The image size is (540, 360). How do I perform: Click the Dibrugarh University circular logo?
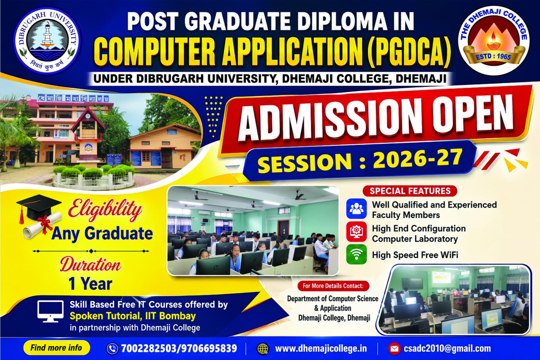(48, 41)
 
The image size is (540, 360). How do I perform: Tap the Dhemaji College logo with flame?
(494, 41)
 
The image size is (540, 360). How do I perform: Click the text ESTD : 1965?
(493, 57)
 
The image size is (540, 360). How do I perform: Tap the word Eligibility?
(105, 209)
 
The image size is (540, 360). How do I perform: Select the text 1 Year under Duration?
(91, 284)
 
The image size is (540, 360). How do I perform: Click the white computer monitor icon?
(50, 311)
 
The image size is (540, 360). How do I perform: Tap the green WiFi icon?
(356, 255)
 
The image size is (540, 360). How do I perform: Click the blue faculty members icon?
(356, 209)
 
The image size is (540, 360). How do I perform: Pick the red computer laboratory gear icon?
(356, 232)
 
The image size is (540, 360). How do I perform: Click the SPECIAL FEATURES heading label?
(410, 191)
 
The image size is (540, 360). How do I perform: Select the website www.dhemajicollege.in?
(321, 349)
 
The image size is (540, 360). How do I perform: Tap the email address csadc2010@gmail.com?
(447, 349)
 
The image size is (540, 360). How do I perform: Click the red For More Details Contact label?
(333, 286)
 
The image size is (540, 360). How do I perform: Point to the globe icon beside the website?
(263, 349)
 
